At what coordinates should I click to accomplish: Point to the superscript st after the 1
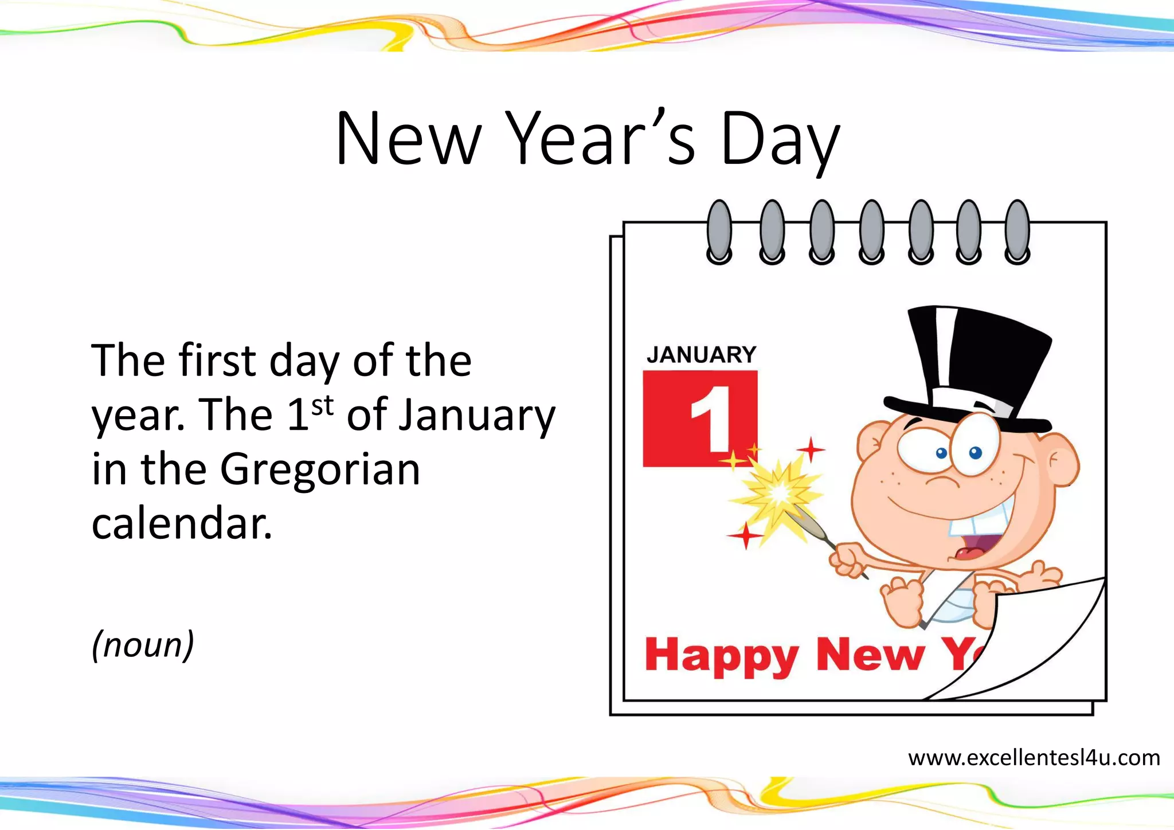point(322,405)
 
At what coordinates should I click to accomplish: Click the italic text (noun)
point(143,644)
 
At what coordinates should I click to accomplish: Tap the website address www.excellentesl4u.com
point(1034,758)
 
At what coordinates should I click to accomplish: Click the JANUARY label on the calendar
point(701,355)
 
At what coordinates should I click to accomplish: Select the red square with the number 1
point(700,418)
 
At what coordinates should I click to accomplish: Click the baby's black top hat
point(975,367)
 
